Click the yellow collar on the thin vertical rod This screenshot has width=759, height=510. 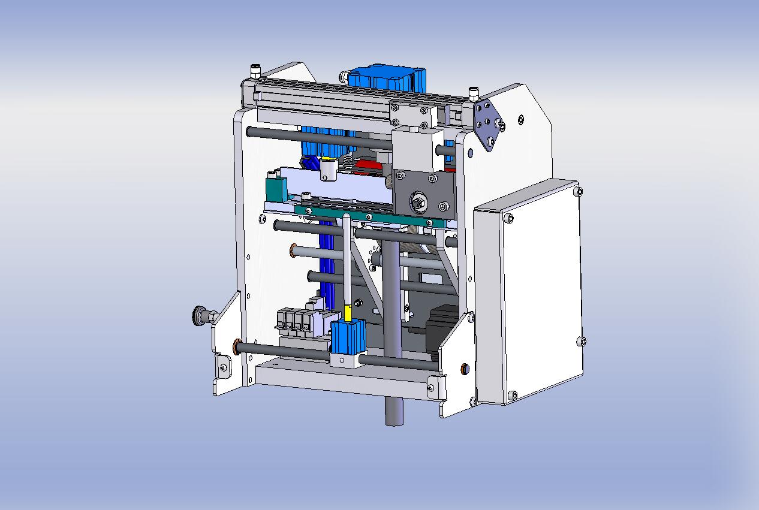click(x=348, y=313)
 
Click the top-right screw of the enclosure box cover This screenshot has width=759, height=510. click(x=577, y=191)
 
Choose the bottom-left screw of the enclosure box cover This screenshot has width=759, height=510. click(x=512, y=395)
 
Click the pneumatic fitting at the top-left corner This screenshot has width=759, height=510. click(x=255, y=71)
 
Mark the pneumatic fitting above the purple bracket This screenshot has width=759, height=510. click(x=474, y=93)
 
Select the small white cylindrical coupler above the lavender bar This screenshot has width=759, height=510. click(x=328, y=169)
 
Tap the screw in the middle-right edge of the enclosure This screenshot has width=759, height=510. click(x=581, y=341)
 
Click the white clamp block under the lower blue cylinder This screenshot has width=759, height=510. click(x=345, y=360)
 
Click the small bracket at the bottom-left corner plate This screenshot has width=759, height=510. click(x=224, y=367)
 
